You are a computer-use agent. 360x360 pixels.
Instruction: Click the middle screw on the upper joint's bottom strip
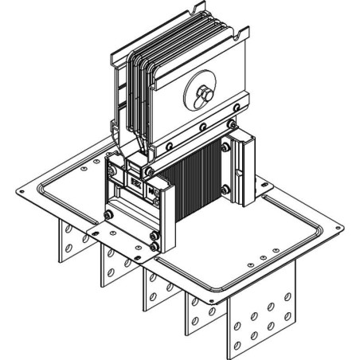(x=202, y=127)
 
